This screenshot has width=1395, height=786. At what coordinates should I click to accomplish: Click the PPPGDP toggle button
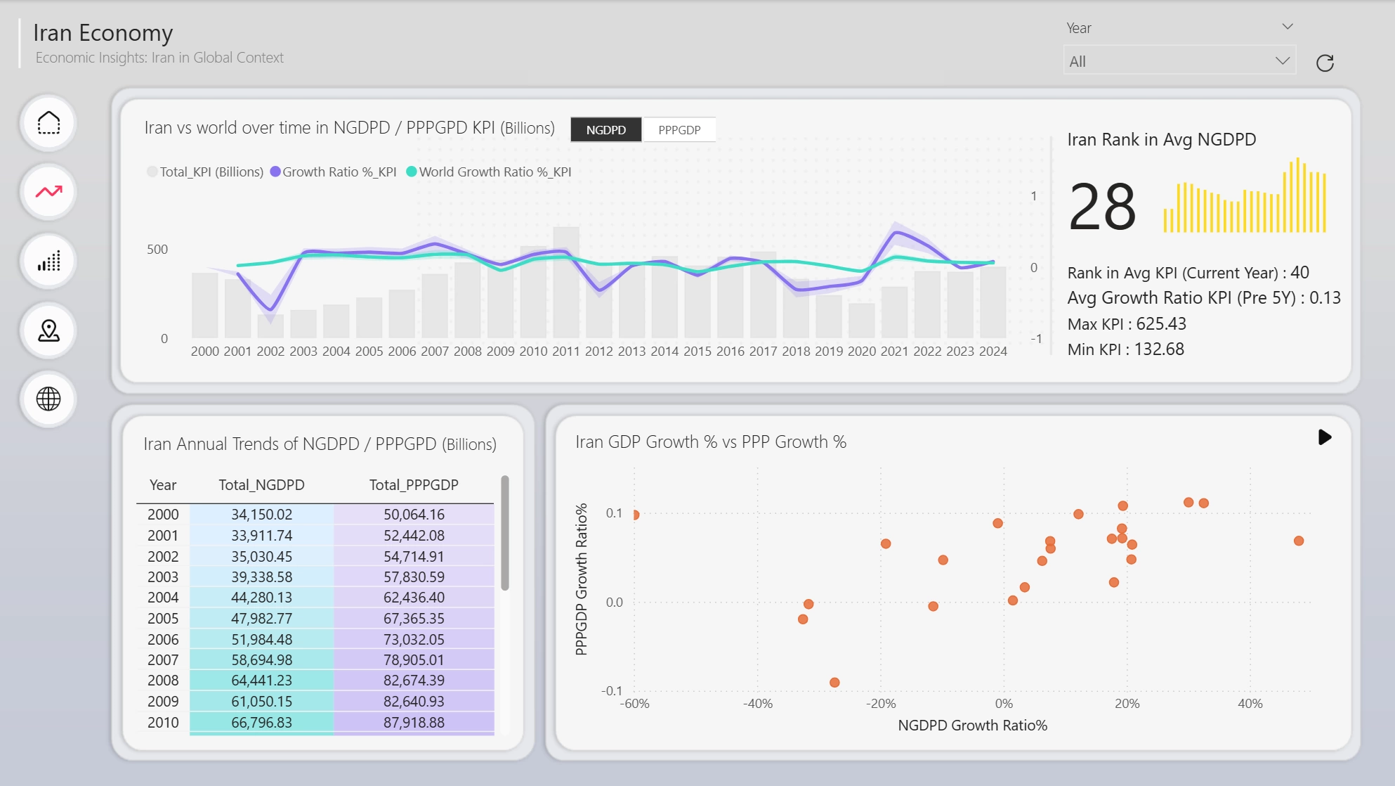pos(679,130)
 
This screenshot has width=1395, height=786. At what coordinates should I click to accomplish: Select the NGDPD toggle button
pos(605,130)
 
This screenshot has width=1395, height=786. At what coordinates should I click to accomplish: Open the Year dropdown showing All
pos(1179,61)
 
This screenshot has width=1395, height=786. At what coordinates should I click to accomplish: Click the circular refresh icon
pos(1325,63)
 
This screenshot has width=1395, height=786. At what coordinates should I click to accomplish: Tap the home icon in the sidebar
pos(48,123)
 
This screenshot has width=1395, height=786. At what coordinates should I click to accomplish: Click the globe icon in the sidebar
pos(48,399)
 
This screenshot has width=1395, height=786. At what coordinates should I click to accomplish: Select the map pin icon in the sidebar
pos(48,330)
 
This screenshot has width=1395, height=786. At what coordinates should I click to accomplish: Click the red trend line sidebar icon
pos(48,191)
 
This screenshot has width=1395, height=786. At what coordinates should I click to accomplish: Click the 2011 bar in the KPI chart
pos(566,282)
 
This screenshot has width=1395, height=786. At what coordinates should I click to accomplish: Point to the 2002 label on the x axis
pos(270,351)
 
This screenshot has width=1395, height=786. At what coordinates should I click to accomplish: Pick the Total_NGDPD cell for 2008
pos(261,681)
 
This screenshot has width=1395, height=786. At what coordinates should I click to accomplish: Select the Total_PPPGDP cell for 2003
pos(414,577)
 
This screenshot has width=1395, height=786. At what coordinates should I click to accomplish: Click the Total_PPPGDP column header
pos(414,485)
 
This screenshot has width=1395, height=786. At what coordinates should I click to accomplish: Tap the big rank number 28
pos(1101,207)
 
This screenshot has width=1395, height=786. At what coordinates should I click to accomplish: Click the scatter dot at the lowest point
pos(834,683)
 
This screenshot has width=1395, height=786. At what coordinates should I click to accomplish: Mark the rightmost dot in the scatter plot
pos(1299,541)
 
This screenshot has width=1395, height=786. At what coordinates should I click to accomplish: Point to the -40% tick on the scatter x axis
pos(757,704)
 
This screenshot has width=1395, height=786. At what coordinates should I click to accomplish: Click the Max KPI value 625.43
pos(1161,324)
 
